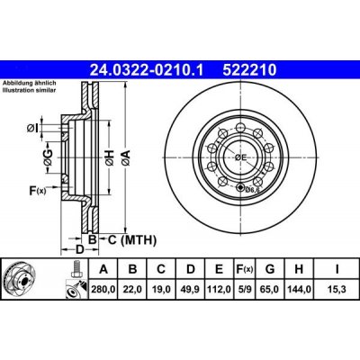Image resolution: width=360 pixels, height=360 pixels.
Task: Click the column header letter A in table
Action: coord(104,269)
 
